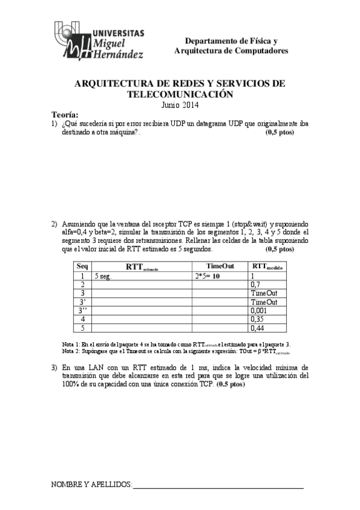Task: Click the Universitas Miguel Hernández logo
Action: pos(99,41)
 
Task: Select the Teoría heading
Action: pos(65,114)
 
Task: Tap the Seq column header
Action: pos(82,266)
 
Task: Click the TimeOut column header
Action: pos(219,266)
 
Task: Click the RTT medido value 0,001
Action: pos(260,311)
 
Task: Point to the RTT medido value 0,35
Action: pos(257,319)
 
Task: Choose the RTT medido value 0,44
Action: pos(257,328)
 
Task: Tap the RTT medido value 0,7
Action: pos(255,284)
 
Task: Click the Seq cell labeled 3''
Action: pos(83,310)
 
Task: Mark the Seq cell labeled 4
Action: pos(82,319)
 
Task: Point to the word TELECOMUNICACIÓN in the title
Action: pos(180,94)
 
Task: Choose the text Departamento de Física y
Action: pos(231,41)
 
